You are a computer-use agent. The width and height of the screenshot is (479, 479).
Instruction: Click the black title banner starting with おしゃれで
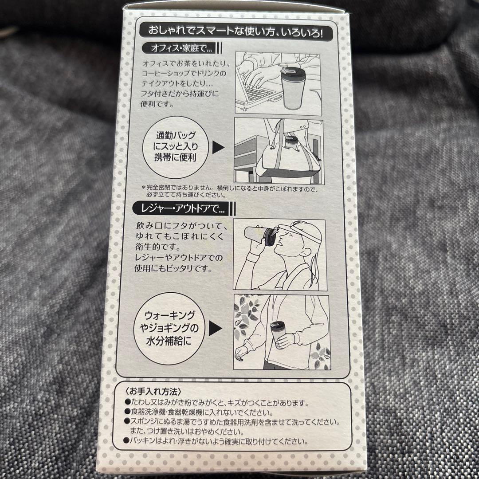236,32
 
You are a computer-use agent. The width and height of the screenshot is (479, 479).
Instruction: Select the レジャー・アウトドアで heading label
181,208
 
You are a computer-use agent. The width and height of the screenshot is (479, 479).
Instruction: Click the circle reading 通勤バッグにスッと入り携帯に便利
175,147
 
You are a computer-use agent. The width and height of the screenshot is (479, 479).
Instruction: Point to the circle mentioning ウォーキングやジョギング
169,329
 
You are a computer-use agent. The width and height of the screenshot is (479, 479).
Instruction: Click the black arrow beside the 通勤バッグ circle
218,147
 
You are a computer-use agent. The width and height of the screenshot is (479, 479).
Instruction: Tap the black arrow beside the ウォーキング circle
215,328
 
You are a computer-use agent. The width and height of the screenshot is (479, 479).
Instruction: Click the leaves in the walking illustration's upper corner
246,314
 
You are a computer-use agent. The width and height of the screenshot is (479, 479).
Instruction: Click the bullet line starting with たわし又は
216,403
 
